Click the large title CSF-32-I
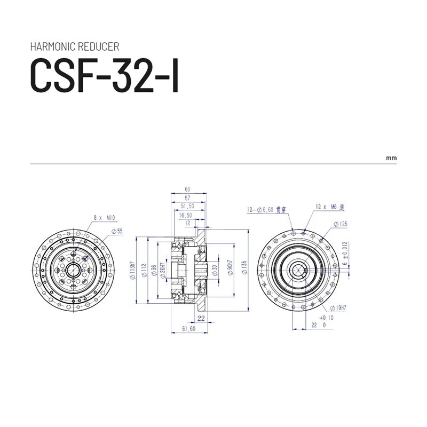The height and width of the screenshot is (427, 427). point(105,76)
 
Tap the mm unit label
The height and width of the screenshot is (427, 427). point(391,159)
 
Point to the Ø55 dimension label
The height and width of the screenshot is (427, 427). point(117,231)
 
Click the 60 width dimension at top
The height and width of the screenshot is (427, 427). point(187,189)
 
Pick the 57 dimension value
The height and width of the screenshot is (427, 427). point(187,197)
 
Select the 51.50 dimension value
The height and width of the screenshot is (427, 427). point(187,205)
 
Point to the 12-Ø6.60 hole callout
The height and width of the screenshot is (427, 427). point(267,210)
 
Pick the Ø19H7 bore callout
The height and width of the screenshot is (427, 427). point(338,307)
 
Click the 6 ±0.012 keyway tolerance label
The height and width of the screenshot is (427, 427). point(345,253)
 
